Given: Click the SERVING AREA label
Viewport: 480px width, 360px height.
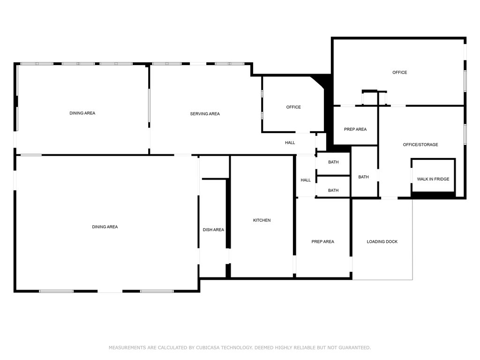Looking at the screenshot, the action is coord(205,114).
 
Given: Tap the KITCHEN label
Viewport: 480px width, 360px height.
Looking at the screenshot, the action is coord(262,220).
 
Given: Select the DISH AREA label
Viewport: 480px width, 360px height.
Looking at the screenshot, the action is coord(213,230).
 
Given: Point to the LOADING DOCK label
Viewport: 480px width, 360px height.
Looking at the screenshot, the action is coord(382,241).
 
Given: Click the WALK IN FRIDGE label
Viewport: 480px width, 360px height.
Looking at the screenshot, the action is coord(433,179).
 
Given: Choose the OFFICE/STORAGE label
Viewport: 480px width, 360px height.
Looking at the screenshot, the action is coord(420,144).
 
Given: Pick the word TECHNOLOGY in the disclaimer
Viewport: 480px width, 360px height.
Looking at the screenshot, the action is coord(237,347).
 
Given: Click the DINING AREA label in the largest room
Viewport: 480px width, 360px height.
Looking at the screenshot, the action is coord(105,227).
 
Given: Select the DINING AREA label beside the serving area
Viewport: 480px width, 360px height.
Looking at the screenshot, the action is coord(82,113).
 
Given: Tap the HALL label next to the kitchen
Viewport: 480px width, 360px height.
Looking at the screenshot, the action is coord(306,180).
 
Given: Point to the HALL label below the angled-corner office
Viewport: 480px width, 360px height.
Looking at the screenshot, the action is coord(290,142).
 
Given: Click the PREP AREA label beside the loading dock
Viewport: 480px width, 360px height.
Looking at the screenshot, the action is coord(322,241).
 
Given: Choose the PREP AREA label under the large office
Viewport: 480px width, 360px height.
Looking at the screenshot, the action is coord(355,129).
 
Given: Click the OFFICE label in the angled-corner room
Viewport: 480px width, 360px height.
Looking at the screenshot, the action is coord(293,107).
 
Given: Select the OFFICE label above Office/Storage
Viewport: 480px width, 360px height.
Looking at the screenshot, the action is coord(399,72).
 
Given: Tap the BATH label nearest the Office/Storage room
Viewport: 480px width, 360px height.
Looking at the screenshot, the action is coord(363,177).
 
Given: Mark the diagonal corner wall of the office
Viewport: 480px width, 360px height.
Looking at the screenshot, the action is coord(317,83).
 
